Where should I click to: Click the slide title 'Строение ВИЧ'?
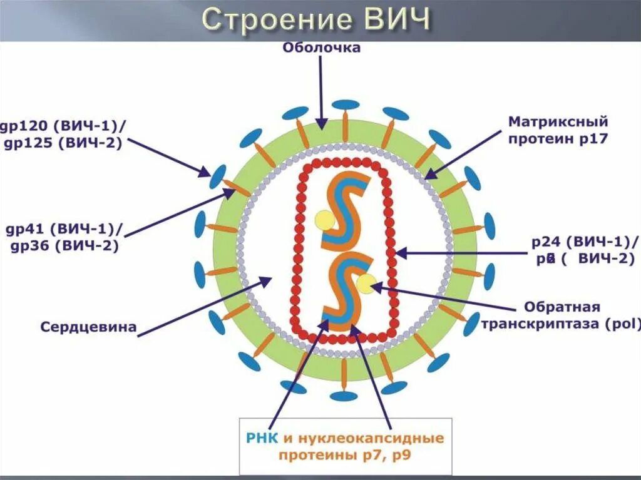[316, 19]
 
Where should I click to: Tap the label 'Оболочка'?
[321, 48]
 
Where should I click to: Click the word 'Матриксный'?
[558, 121]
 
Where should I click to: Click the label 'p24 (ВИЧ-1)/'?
[585, 242]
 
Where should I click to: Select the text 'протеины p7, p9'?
[345, 456]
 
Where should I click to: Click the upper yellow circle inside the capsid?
[325, 220]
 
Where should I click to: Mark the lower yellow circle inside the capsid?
[366, 283]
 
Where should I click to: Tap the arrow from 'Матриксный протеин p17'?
[464, 154]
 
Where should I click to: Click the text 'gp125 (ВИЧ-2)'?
[63, 143]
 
